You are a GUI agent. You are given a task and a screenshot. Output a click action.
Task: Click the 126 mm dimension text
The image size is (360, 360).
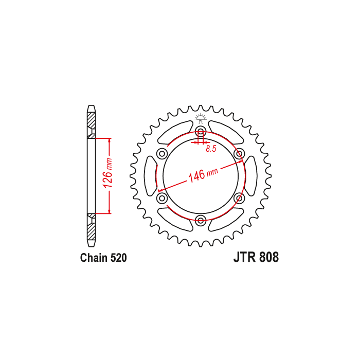[107, 173]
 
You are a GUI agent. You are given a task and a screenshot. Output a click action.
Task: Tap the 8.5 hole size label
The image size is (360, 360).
[211, 149]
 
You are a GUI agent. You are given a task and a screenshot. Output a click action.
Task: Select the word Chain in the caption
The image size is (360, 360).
[94, 258]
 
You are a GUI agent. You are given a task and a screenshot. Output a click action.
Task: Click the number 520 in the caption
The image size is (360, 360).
[118, 258]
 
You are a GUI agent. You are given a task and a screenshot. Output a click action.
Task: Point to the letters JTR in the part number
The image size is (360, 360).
[244, 257]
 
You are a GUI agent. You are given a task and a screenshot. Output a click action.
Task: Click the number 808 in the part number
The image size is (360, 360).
[269, 257]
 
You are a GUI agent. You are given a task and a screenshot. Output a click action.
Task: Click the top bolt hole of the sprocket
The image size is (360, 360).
[201, 132]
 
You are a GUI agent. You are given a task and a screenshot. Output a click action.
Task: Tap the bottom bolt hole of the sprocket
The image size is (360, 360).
[201, 220]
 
